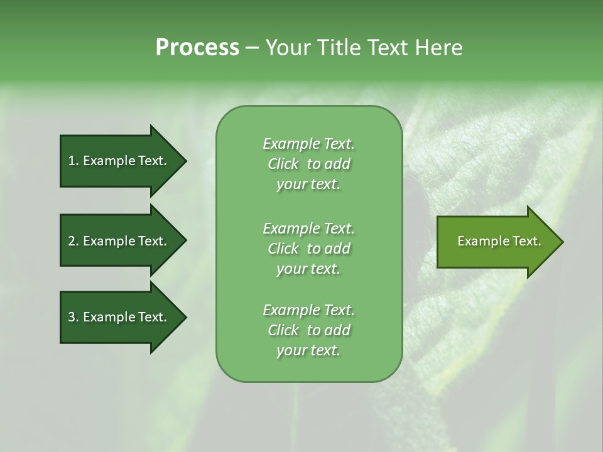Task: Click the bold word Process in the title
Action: tap(197, 48)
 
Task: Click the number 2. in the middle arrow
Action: tap(73, 241)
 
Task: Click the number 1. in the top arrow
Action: tap(73, 161)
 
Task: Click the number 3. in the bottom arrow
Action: tap(73, 317)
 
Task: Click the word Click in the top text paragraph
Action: tap(283, 164)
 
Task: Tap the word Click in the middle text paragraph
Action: tap(283, 249)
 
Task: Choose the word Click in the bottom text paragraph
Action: tap(283, 330)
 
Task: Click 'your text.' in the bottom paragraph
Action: tap(308, 351)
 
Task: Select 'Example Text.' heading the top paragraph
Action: tap(308, 144)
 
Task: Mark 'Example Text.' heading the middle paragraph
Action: tap(308, 228)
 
